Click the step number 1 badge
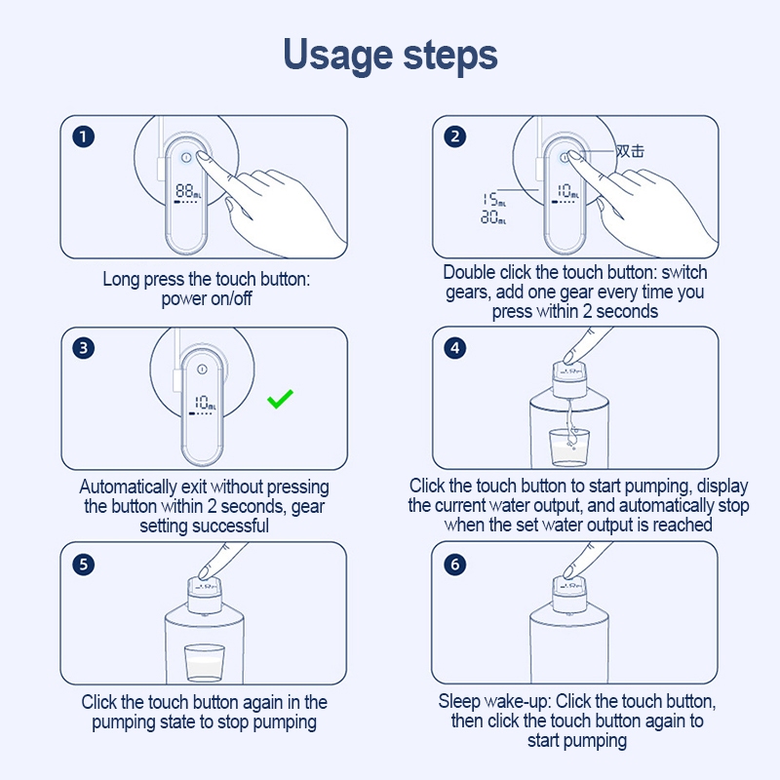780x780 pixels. (x=83, y=136)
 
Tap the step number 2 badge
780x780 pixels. (x=454, y=136)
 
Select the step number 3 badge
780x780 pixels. (x=83, y=348)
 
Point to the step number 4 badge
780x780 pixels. (x=454, y=348)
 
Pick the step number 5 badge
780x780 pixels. (x=83, y=565)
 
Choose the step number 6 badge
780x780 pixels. (x=454, y=565)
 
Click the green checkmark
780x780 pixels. (x=280, y=399)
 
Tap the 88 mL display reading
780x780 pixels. (x=188, y=191)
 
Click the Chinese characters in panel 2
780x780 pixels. (x=630, y=151)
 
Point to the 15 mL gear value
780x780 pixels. (x=494, y=200)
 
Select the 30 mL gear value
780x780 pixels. (x=493, y=216)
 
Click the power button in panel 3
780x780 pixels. (x=202, y=370)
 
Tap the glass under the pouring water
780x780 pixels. (x=568, y=448)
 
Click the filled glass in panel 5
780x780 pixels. (x=205, y=663)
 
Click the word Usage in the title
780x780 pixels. (x=337, y=56)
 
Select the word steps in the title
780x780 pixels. (x=450, y=57)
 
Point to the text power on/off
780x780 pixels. (x=207, y=298)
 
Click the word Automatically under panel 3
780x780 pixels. (x=128, y=487)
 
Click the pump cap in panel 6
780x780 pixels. (x=569, y=595)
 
